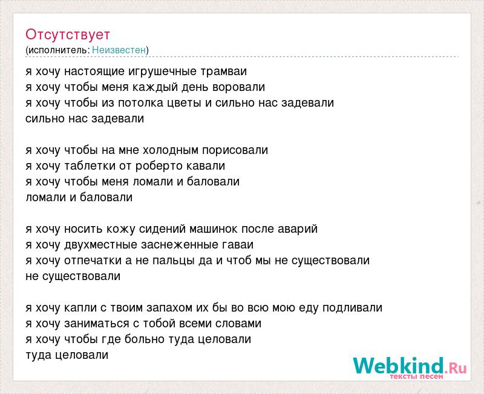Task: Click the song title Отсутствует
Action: click(x=68, y=35)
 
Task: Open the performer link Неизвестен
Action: click(x=119, y=50)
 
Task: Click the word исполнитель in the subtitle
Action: click(x=59, y=50)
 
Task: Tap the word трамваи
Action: click(x=224, y=72)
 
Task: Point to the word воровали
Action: click(x=238, y=87)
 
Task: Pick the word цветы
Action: click(x=185, y=103)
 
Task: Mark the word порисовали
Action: click(x=235, y=150)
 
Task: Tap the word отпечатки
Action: click(x=93, y=261)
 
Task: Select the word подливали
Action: click(x=353, y=308)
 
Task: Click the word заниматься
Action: click(x=97, y=324)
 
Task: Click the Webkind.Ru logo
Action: click(x=410, y=366)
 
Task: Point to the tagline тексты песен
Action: click(x=416, y=376)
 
